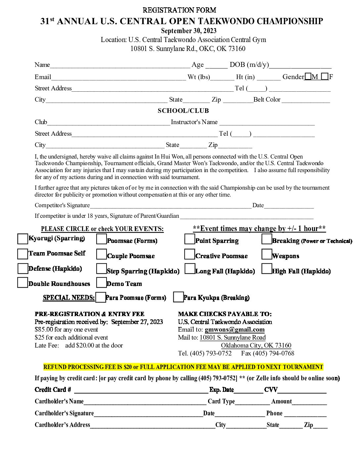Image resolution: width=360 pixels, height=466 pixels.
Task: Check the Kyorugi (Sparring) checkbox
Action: pos(22,239)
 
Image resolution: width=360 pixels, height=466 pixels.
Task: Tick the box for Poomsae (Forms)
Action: pos(101,239)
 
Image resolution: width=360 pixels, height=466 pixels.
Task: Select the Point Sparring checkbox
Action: pos(190,239)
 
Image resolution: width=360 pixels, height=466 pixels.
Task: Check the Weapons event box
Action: pos(267,254)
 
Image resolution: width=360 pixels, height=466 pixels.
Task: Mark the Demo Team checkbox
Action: pos(101,282)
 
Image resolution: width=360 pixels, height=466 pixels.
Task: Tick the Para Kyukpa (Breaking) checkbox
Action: pos(178,297)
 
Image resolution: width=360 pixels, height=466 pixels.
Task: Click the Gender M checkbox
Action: pos(308,77)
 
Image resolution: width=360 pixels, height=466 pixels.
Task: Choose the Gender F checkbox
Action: pos(325,77)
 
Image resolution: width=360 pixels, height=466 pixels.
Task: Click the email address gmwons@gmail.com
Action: pos(235,330)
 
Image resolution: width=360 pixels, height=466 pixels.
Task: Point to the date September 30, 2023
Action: pos(189,31)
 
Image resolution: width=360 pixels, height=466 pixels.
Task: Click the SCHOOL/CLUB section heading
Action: pos(183,111)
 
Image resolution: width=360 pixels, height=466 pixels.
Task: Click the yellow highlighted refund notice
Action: pos(183,367)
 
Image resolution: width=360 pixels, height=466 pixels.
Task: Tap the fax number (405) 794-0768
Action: pos(273,353)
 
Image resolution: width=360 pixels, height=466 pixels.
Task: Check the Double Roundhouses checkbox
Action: pos(22,283)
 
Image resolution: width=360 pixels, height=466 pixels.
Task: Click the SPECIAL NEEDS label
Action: pos(68,298)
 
